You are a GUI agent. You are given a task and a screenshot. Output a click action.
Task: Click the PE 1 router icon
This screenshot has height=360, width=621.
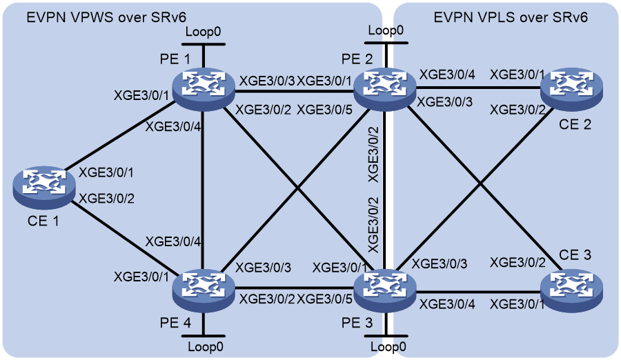coord(204,88)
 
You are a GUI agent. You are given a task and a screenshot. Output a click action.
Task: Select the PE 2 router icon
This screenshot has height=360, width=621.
coord(384,88)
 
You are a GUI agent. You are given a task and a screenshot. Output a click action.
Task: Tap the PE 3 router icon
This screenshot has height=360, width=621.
coord(384,290)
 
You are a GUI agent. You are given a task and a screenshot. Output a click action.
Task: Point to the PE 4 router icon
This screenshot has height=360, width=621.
coord(204,290)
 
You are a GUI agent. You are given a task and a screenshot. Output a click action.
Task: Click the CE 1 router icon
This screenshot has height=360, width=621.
coord(44,188)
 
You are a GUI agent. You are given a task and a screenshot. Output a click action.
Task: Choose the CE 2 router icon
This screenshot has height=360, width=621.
coord(571,88)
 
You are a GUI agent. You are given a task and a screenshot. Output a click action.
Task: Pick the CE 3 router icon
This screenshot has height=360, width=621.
coord(571,290)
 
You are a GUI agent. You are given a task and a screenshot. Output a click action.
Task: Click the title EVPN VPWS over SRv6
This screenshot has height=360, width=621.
coord(106,18)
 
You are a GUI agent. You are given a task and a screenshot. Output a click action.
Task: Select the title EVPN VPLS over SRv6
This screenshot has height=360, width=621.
coord(511,18)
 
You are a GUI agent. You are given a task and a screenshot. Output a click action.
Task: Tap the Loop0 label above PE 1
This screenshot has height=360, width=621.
coord(203,32)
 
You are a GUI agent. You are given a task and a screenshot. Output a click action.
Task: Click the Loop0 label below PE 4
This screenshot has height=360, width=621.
coord(206,347)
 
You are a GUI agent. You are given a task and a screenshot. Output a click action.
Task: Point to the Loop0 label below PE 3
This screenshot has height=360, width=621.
coord(388,347)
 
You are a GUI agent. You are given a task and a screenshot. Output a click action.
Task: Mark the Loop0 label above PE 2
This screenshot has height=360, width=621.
coord(386,30)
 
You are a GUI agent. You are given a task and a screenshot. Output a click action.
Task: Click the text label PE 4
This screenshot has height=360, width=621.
coord(175,323)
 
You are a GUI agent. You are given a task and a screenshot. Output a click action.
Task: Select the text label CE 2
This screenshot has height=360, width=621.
coord(575,124)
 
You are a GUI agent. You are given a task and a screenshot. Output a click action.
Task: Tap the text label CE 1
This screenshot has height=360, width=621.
coord(43,221)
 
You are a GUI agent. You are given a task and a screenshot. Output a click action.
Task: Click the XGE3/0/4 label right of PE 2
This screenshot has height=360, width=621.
coord(447,74)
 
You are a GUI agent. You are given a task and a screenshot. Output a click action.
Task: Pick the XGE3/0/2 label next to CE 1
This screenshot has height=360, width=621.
coord(106,198)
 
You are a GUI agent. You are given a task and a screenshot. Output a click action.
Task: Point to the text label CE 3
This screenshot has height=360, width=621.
coord(575,254)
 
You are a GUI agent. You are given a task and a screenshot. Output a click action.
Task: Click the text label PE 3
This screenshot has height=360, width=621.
coord(357,323)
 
